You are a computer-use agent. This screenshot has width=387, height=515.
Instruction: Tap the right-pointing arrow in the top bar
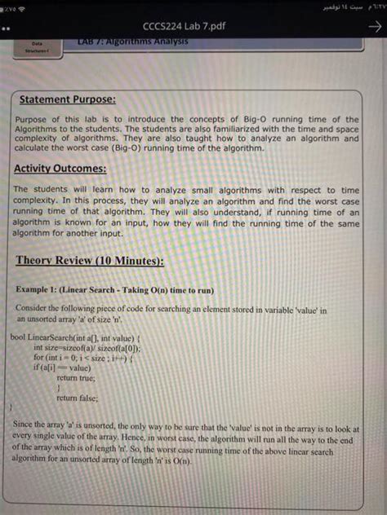coord(375,26)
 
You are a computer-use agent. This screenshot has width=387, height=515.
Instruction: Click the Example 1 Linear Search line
coord(113,290)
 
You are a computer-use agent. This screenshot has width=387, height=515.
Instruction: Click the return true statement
coord(76,378)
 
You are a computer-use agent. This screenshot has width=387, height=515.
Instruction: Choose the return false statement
coord(78,398)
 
